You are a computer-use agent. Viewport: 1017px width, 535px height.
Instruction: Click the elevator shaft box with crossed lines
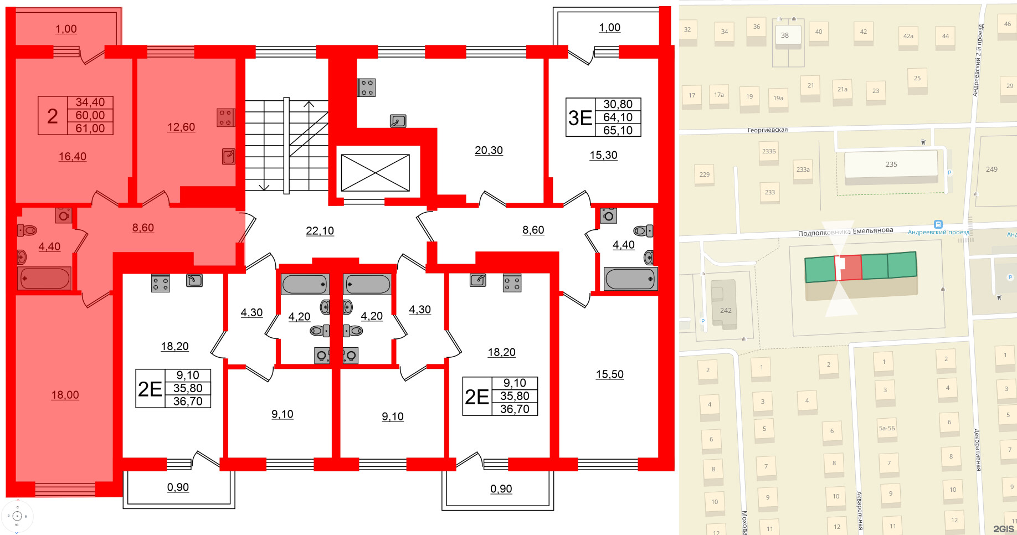click(x=375, y=173)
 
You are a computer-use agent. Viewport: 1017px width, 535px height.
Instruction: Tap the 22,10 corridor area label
click(x=320, y=231)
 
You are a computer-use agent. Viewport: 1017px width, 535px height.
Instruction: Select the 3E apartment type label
click(x=580, y=118)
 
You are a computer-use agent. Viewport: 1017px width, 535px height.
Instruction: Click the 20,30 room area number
click(x=489, y=151)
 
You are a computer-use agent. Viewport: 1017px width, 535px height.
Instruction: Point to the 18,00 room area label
click(x=65, y=395)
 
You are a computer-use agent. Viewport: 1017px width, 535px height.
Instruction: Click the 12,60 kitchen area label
click(x=181, y=127)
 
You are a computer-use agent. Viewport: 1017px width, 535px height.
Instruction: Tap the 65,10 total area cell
click(x=618, y=131)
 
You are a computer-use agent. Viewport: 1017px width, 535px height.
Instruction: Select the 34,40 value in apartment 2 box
click(x=90, y=102)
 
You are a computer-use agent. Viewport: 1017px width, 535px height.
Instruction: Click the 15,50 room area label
click(x=609, y=375)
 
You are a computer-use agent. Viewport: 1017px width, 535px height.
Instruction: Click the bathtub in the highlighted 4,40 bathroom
click(x=45, y=278)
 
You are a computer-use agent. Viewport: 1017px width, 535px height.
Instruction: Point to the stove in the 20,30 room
click(x=367, y=88)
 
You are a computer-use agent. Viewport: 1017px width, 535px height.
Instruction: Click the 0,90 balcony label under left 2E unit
click(x=178, y=488)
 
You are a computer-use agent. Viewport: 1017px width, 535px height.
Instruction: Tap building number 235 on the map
click(x=891, y=164)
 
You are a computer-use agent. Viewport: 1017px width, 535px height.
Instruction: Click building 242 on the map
click(x=725, y=311)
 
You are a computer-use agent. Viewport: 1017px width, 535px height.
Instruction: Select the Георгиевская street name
click(x=767, y=130)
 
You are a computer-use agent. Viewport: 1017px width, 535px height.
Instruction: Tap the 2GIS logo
click(x=1003, y=529)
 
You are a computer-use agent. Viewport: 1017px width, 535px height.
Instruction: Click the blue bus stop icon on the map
click(x=938, y=224)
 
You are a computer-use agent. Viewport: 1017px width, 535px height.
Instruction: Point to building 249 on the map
click(x=991, y=169)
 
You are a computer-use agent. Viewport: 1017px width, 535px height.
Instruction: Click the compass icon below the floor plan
click(x=17, y=516)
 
